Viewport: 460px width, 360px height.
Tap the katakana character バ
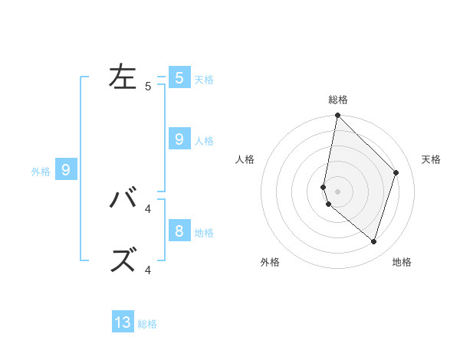[123, 198]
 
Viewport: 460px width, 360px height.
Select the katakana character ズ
[123, 260]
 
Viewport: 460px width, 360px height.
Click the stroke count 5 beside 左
[148, 87]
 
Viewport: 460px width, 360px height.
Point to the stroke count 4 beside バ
[148, 208]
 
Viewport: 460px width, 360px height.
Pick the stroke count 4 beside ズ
[148, 270]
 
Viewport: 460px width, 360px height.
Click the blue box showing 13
[123, 322]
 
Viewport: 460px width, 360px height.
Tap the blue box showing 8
[179, 231]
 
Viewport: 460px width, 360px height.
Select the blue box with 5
[179, 77]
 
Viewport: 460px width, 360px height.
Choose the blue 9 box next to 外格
[66, 170]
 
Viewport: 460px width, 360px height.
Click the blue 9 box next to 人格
[179, 139]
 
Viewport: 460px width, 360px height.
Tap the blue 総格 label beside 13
[147, 324]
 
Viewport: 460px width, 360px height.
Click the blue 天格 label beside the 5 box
[204, 79]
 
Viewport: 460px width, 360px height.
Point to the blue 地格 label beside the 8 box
[204, 232]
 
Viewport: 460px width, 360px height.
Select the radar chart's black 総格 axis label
[337, 100]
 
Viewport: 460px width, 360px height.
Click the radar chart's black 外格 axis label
[270, 263]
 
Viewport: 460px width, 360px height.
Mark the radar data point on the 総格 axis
[337, 116]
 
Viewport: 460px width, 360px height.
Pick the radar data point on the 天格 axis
[396, 172]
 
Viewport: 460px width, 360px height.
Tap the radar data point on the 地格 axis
[373, 241]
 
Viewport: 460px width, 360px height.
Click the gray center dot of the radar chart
[337, 191]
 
